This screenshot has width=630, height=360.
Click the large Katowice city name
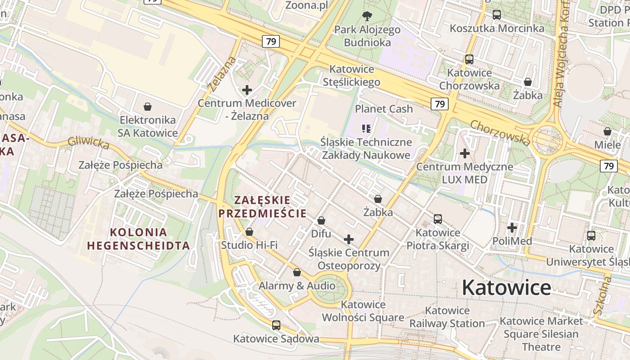(x=506, y=288)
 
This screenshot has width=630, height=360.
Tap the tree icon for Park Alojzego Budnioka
(x=367, y=17)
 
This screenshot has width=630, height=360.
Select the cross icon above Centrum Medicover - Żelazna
(x=247, y=90)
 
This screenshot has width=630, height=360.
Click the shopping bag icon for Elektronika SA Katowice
(x=147, y=107)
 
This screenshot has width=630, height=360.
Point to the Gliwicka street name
(x=88, y=144)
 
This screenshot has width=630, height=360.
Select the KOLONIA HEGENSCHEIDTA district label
(x=139, y=239)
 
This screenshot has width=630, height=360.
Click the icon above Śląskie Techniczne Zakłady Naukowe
(x=366, y=129)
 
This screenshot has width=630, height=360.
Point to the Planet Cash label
(x=384, y=109)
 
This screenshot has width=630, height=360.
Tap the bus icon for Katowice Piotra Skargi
(x=438, y=219)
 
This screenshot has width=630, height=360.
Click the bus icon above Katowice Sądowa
(x=276, y=325)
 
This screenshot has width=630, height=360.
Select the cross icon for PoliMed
(x=512, y=228)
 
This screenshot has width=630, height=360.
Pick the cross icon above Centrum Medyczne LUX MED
(x=465, y=153)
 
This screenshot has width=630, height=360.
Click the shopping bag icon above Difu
(x=321, y=220)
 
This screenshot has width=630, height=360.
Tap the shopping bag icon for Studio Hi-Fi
(x=249, y=232)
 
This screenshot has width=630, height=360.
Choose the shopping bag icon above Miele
(x=607, y=131)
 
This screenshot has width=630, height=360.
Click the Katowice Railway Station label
(x=447, y=317)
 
